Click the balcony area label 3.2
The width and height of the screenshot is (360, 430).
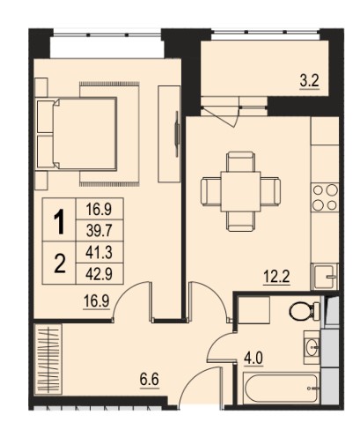click(x=309, y=81)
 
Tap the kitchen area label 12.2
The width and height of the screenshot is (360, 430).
click(x=276, y=277)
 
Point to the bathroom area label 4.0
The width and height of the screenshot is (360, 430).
click(x=253, y=359)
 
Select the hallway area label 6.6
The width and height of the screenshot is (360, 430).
click(x=150, y=380)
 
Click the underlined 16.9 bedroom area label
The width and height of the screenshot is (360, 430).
click(x=96, y=301)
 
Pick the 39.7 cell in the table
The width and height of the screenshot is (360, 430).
click(x=99, y=231)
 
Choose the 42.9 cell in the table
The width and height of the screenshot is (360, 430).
click(x=99, y=274)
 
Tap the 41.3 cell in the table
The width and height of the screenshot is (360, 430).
click(x=99, y=252)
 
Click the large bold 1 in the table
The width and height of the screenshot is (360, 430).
click(x=59, y=221)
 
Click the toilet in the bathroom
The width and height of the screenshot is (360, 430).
click(x=304, y=311)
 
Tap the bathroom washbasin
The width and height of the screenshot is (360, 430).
click(x=312, y=347)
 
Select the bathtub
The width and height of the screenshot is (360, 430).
click(x=281, y=388)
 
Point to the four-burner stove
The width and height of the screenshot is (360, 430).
click(x=325, y=197)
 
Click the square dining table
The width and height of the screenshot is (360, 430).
click(x=240, y=191)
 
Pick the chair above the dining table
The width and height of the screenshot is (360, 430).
click(x=240, y=161)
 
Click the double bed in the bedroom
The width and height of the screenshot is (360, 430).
click(x=77, y=134)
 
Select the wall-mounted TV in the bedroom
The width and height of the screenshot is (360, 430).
click(x=177, y=134)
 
